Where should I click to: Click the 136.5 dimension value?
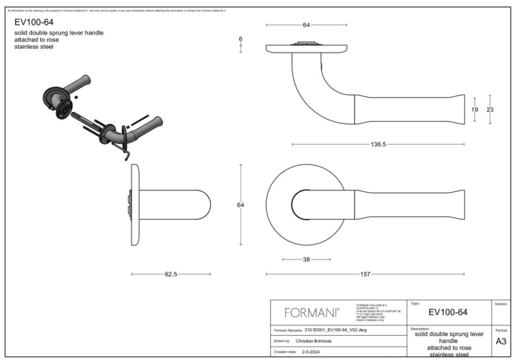click(378, 144)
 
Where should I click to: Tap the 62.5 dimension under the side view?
click(170, 274)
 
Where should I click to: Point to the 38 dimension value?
click(306, 259)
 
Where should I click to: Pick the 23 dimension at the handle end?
click(490, 109)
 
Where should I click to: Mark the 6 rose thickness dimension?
click(241, 39)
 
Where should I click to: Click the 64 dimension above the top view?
click(306, 24)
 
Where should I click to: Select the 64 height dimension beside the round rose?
click(241, 205)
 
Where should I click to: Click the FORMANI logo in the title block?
click(312, 313)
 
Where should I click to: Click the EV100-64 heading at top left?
click(33, 22)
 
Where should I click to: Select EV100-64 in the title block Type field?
click(448, 313)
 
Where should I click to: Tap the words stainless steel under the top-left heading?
click(34, 47)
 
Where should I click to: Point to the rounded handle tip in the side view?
click(206, 205)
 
